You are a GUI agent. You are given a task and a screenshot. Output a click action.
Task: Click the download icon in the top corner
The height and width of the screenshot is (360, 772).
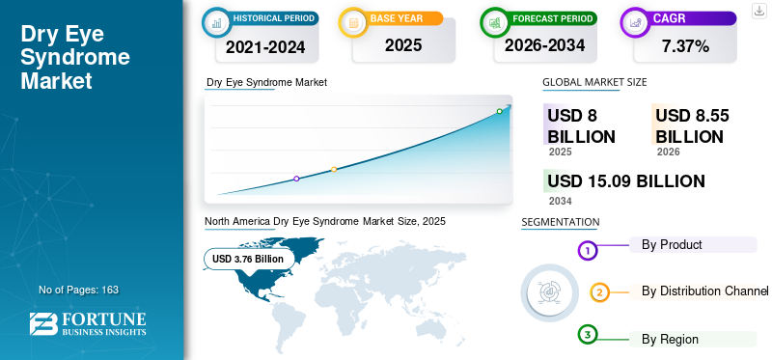759,11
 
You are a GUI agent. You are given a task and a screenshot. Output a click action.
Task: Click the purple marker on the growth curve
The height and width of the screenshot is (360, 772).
296,179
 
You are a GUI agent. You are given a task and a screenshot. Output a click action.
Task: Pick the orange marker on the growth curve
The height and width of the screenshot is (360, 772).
334,170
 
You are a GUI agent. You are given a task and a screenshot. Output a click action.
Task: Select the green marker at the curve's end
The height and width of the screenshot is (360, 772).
500,111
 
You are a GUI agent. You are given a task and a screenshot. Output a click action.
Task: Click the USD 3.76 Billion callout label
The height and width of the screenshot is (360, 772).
248,259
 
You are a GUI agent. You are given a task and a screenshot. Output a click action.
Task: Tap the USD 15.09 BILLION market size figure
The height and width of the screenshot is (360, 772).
625,181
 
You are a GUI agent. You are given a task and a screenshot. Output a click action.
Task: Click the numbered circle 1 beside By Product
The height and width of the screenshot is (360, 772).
588,251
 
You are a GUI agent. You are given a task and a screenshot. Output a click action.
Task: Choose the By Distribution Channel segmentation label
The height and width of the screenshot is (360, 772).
704,291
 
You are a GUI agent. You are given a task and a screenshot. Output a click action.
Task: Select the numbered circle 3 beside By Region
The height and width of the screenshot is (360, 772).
588,335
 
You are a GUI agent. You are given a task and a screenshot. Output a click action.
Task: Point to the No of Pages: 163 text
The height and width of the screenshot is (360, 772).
78,290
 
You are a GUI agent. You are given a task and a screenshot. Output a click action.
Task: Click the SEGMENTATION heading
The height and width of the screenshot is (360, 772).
560,222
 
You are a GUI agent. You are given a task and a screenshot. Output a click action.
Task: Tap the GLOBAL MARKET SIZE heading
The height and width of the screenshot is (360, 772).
594,82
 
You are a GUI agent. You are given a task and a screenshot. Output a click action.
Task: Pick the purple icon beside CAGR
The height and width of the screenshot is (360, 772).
636,20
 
